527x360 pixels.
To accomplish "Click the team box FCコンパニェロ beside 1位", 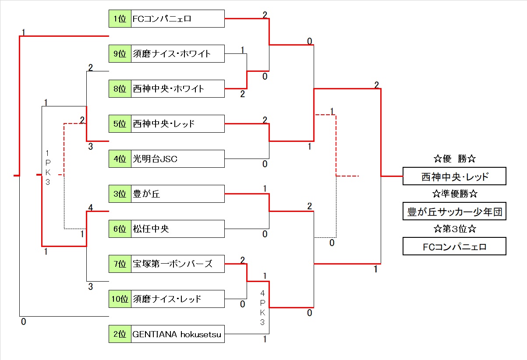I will click(x=177, y=19).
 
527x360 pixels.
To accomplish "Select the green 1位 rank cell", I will click(x=120, y=19).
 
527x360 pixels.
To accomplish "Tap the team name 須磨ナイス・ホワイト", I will click(x=177, y=54).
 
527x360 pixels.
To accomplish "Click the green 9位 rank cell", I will click(x=120, y=54).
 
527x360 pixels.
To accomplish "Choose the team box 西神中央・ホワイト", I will click(x=177, y=89).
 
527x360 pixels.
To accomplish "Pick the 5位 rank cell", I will click(x=120, y=124).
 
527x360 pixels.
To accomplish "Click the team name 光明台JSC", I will click(x=177, y=159).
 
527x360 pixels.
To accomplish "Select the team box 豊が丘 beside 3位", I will click(x=177, y=194).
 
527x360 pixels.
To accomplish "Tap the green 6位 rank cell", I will click(x=120, y=229).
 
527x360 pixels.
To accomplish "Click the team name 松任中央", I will click(x=177, y=229).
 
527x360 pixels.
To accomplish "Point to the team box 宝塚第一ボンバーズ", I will click(x=177, y=264).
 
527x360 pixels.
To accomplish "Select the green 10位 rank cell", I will click(x=120, y=299).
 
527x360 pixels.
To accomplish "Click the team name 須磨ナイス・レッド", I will click(x=177, y=299).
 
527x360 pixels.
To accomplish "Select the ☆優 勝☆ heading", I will click(x=454, y=159).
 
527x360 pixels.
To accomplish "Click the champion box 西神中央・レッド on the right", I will click(x=454, y=176).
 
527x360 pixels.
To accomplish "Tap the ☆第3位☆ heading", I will click(x=454, y=229).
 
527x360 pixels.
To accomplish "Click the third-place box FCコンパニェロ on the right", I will click(x=454, y=247).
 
